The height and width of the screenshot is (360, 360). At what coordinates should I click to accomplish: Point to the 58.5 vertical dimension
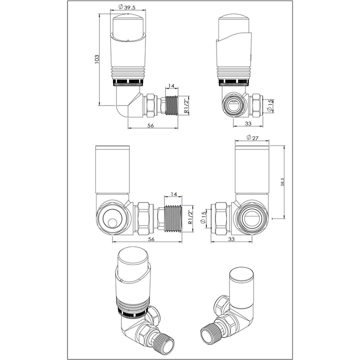(x=282, y=182)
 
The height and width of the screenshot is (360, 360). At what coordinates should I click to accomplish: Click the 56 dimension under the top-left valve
(x=150, y=126)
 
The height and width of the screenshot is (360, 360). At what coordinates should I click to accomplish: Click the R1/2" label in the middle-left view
(x=190, y=218)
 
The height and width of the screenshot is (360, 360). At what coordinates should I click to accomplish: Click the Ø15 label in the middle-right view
(x=204, y=218)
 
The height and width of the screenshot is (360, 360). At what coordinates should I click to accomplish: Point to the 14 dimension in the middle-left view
(x=174, y=194)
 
